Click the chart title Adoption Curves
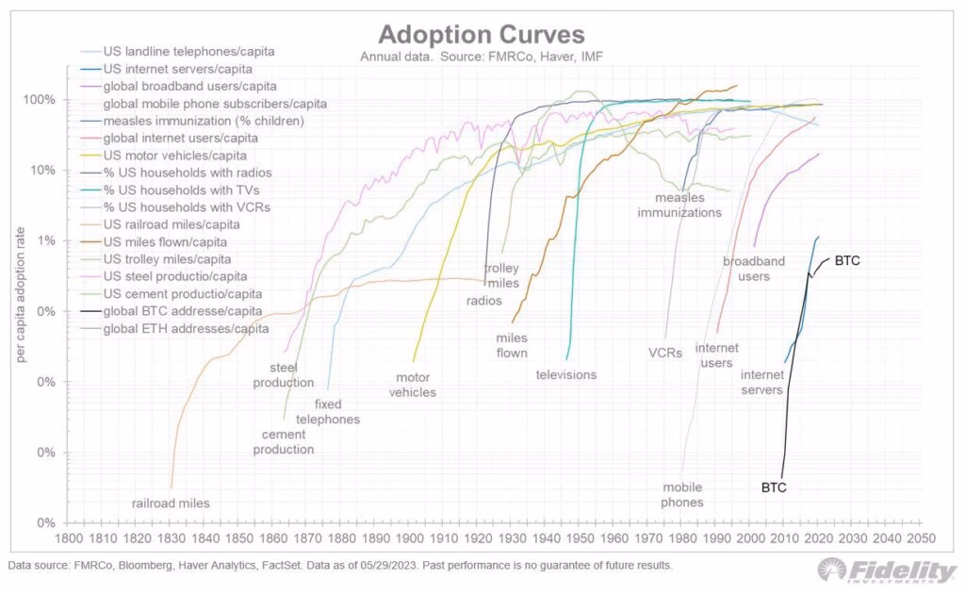482,35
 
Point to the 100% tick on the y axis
41,100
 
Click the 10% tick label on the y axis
43,171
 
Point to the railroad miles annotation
171,503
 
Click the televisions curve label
566,374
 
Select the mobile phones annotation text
682,495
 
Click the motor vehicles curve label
413,385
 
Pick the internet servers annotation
761,382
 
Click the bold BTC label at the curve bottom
773,487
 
